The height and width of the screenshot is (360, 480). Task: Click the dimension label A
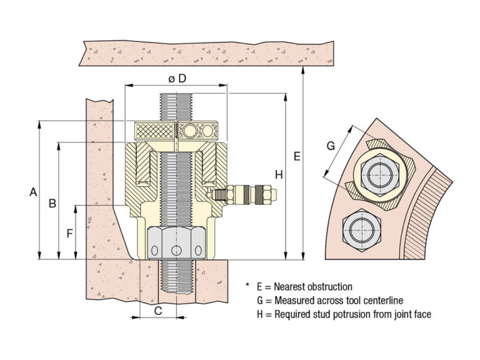(x=33, y=193)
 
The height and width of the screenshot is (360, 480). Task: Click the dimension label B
(x=53, y=203)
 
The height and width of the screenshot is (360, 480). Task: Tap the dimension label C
(x=159, y=309)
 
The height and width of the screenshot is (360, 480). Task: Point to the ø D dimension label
(x=176, y=78)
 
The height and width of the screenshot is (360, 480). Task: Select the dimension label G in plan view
(x=331, y=146)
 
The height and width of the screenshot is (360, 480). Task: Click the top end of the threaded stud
(x=176, y=97)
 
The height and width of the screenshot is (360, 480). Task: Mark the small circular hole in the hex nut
(x=177, y=251)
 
